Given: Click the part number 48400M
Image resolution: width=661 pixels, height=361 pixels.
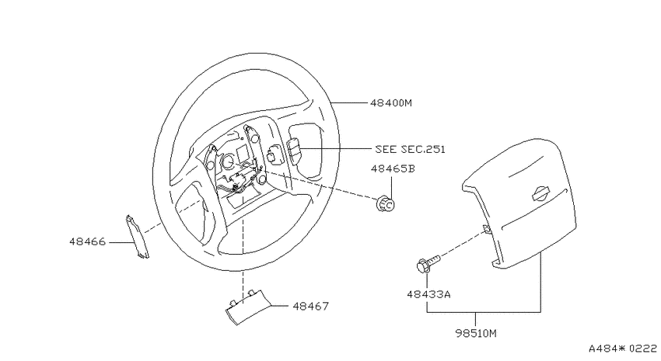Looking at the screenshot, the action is (391, 102).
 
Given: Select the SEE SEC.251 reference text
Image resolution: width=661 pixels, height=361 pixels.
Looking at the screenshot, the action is (410, 149).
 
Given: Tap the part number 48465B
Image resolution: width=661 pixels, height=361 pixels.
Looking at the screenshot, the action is (393, 168).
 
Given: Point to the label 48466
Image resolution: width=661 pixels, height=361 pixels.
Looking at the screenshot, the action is (88, 242).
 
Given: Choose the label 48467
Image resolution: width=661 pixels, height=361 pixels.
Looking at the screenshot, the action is (311, 307).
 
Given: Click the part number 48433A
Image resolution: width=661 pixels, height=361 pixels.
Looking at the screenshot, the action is (428, 294).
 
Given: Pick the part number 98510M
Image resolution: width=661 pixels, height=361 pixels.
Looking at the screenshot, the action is (476, 334).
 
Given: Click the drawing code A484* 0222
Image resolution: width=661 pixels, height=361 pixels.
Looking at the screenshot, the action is (623, 349).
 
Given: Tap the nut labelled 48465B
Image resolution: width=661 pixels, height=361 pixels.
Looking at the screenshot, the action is (385, 203).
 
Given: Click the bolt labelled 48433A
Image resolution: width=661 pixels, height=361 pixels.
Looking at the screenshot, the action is (427, 263).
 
